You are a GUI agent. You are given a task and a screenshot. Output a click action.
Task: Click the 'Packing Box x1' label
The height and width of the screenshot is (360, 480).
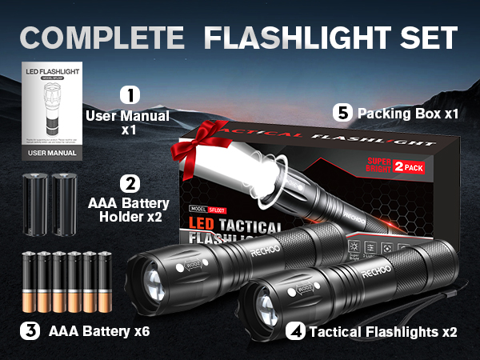[x=408, y=114]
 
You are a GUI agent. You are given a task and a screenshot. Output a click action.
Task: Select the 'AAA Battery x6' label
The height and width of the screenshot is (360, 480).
[x=99, y=330]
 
